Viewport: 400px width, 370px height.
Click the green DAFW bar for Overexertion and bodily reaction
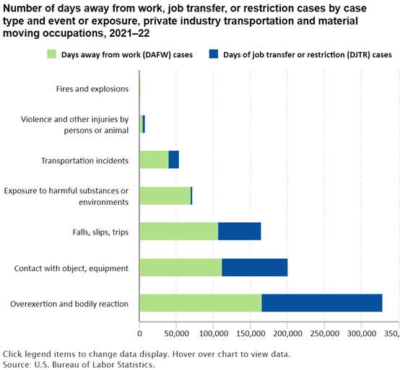tap(201, 303)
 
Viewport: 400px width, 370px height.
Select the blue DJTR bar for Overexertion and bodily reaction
tap(322, 303)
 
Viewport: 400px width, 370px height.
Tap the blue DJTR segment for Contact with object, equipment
tap(255, 268)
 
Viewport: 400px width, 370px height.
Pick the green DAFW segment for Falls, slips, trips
tap(179, 231)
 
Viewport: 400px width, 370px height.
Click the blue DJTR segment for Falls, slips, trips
tap(240, 231)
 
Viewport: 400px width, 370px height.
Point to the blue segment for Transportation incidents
tap(174, 159)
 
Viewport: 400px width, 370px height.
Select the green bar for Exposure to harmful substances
tap(165, 195)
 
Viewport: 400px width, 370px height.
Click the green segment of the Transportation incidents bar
tap(154, 159)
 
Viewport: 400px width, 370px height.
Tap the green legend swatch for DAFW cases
tap(51, 54)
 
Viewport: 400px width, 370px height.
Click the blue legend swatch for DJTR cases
tap(214, 54)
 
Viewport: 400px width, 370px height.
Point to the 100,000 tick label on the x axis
tap(213, 333)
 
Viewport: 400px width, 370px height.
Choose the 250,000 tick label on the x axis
tap(324, 333)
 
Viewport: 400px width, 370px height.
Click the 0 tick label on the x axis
tap(139, 333)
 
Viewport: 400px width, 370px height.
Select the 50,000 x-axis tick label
tap(176, 333)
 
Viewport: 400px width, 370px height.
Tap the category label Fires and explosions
tap(92, 89)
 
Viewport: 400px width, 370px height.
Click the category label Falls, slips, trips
tap(100, 232)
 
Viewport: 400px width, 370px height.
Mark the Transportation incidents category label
tap(85, 161)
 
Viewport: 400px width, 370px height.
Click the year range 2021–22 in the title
tap(129, 33)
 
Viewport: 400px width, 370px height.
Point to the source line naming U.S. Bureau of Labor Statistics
tap(79, 364)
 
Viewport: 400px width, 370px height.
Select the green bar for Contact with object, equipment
tap(181, 268)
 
